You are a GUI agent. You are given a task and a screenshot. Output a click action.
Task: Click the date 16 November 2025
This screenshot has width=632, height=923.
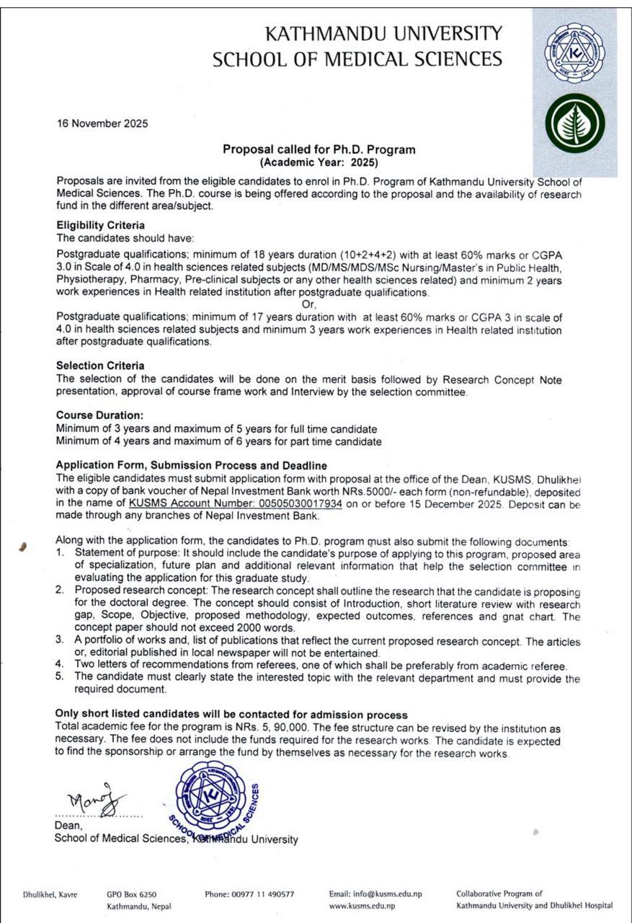click(102, 123)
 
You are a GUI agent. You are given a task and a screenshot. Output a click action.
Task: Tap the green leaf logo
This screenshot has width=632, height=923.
click(575, 123)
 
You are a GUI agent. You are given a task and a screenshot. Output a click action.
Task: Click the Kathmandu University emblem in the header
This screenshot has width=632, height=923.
click(575, 53)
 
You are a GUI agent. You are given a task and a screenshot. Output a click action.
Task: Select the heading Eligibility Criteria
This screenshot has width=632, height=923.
click(100, 226)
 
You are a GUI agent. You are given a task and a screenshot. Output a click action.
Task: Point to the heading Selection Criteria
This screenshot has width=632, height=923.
click(100, 366)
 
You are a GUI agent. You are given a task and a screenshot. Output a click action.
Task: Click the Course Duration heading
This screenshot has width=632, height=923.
click(100, 415)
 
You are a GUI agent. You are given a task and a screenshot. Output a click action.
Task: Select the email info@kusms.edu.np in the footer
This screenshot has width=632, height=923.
click(375, 893)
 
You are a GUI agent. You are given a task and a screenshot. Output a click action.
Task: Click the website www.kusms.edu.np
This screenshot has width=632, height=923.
click(362, 905)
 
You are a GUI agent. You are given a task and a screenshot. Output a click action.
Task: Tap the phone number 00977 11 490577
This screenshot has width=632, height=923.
click(249, 893)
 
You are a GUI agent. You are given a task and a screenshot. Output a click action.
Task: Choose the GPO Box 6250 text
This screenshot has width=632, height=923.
click(131, 893)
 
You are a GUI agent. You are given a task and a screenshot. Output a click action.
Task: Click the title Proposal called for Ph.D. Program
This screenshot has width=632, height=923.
click(319, 150)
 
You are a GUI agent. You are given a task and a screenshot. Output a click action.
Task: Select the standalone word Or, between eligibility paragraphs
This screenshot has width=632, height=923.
click(308, 304)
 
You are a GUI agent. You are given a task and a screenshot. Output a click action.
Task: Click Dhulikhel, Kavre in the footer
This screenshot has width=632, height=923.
click(50, 893)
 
